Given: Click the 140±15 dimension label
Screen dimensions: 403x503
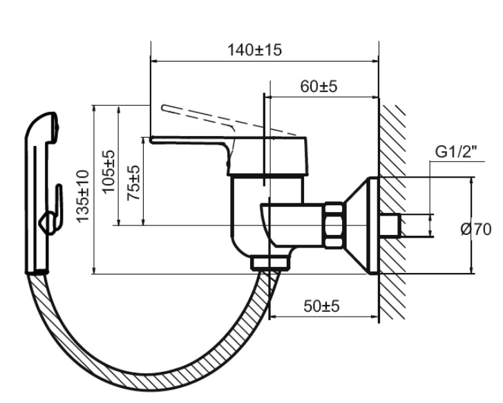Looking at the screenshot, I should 254,50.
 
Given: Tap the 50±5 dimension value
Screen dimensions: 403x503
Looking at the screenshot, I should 322,307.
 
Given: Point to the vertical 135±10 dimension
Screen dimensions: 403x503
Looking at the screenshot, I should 82,196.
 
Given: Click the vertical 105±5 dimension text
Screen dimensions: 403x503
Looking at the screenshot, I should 109,170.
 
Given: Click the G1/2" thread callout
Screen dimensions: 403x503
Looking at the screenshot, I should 456,152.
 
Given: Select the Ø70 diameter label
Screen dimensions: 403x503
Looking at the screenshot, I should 476,229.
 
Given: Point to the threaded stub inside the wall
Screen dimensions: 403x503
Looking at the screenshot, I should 392,225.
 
